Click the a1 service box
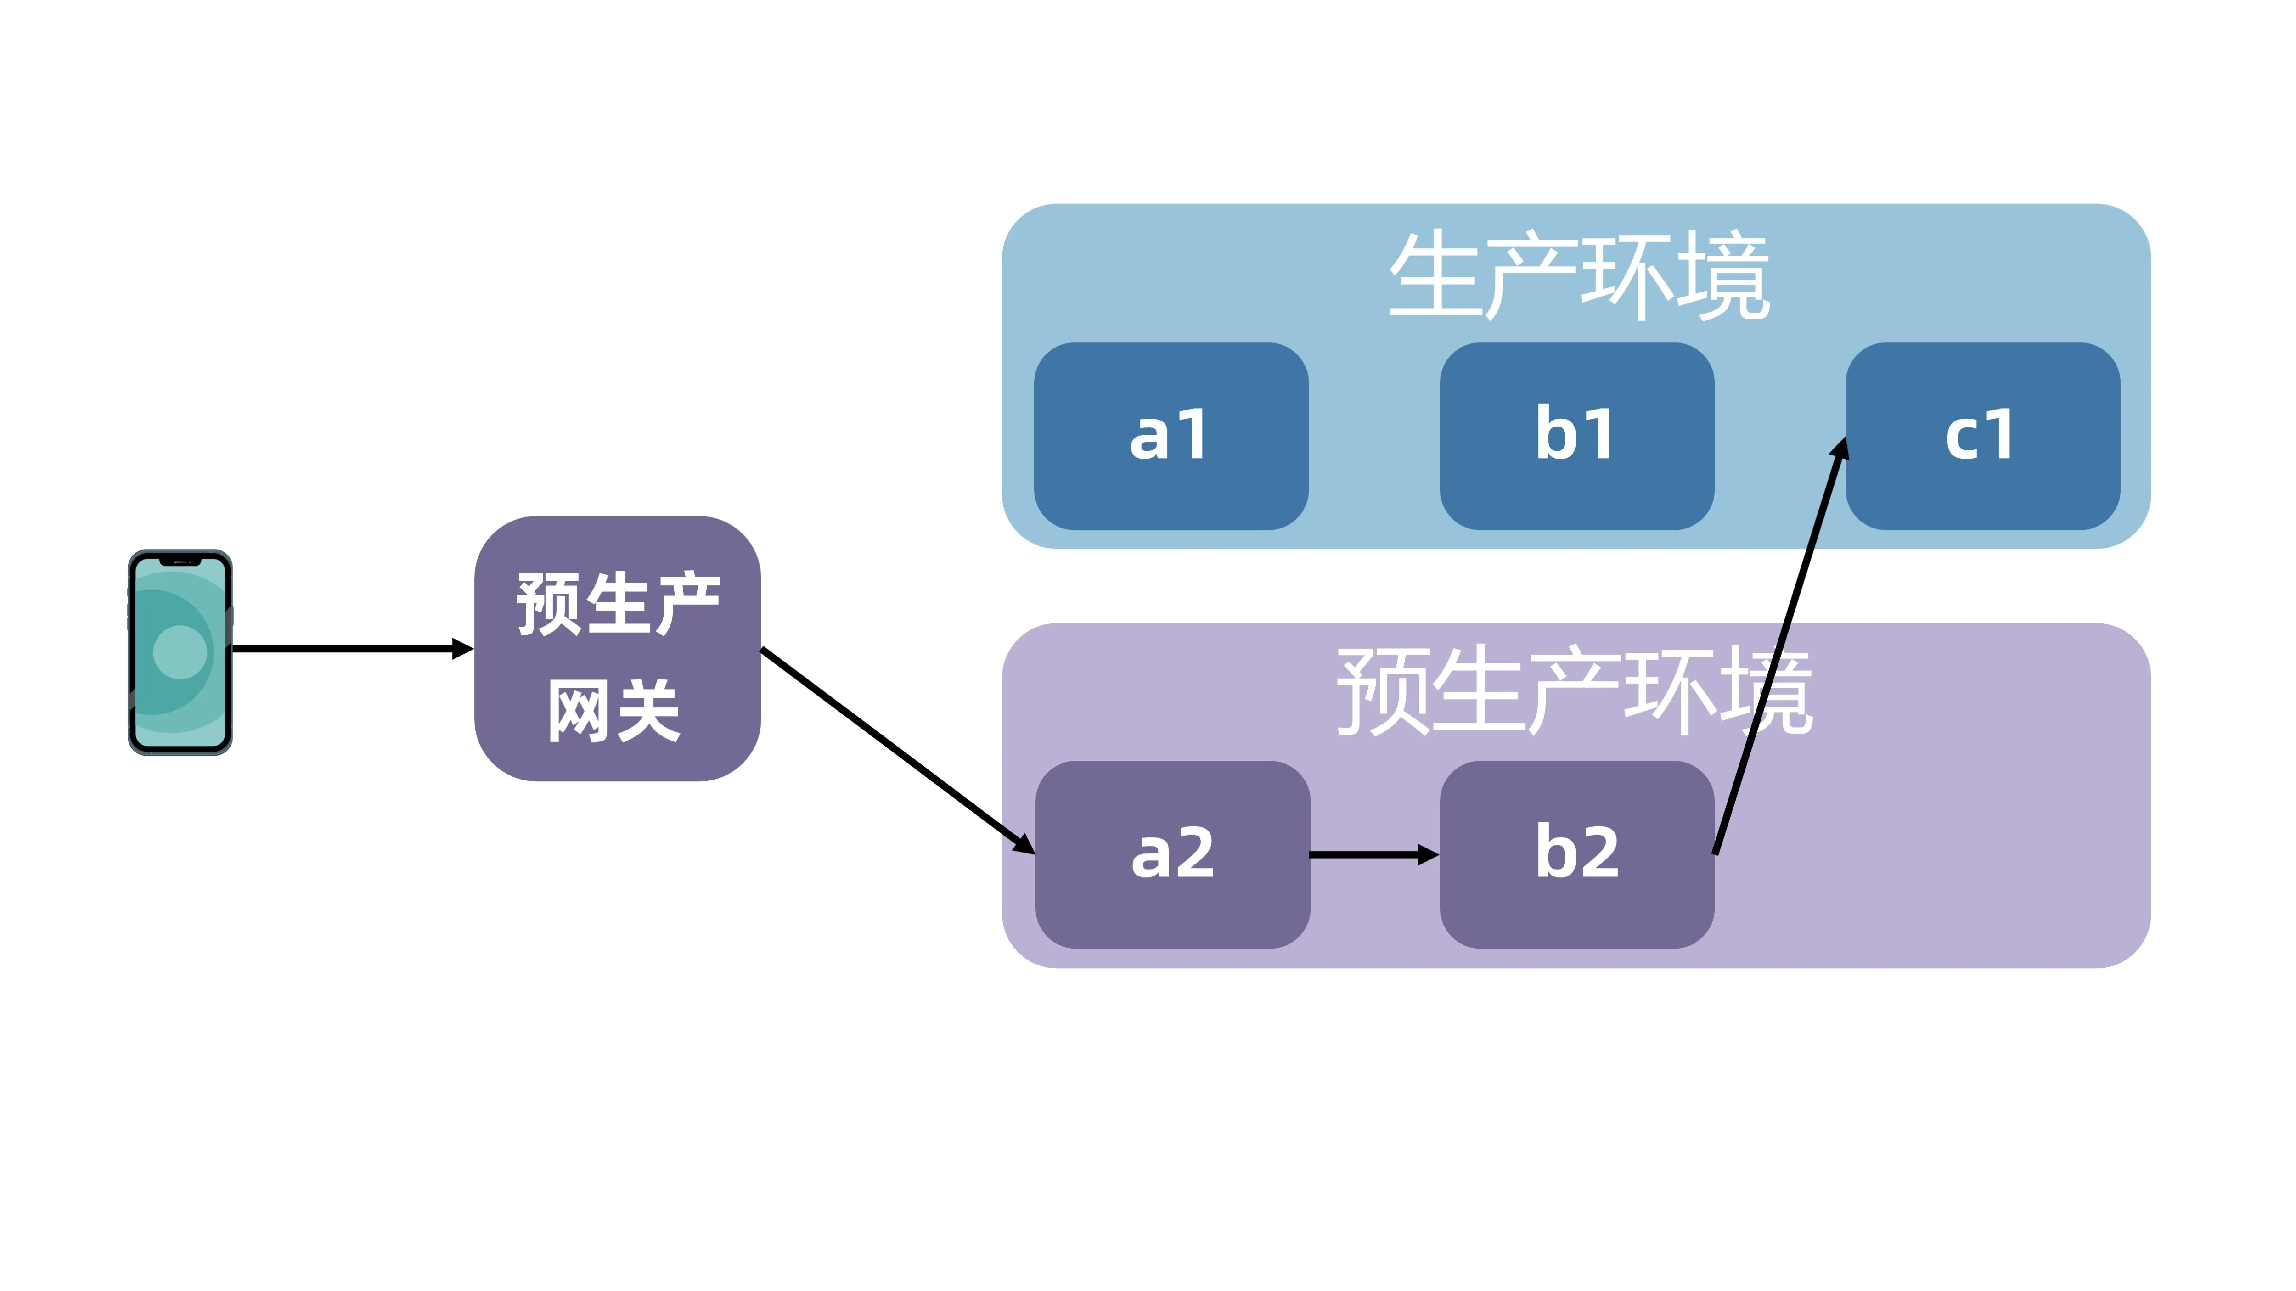click(1171, 436)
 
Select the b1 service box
click(1576, 436)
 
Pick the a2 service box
click(1172, 853)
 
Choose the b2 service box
click(1576, 853)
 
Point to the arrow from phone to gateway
click(348, 649)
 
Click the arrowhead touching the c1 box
click(1839, 450)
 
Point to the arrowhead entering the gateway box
click(461, 649)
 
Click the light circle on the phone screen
click(180, 651)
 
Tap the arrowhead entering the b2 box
click(1427, 854)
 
